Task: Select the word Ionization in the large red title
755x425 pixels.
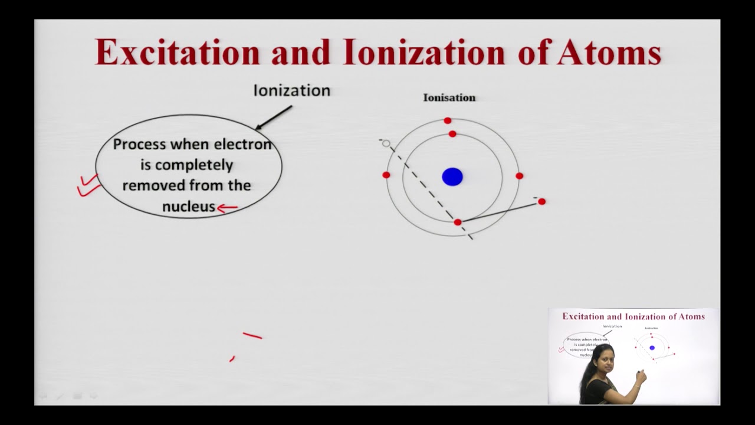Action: pyautogui.click(x=424, y=52)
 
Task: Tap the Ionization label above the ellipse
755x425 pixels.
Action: pyautogui.click(x=291, y=90)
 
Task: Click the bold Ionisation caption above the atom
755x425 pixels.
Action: pyautogui.click(x=449, y=97)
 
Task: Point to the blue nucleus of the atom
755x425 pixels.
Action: pyautogui.click(x=452, y=176)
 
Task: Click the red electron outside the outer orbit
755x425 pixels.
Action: pyautogui.click(x=541, y=202)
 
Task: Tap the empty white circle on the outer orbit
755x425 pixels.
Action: pyautogui.click(x=386, y=143)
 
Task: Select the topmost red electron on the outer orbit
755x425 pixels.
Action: pyautogui.click(x=448, y=120)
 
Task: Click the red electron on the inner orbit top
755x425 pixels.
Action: pyautogui.click(x=452, y=134)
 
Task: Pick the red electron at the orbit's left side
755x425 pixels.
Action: pyautogui.click(x=386, y=175)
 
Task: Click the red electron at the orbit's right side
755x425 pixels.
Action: pyautogui.click(x=519, y=176)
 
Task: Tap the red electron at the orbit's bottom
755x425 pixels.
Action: pyautogui.click(x=458, y=222)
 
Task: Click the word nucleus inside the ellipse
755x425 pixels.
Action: pyautogui.click(x=188, y=207)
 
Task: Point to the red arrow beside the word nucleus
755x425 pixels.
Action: pyautogui.click(x=228, y=207)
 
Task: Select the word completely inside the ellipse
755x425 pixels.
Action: pyautogui.click(x=186, y=165)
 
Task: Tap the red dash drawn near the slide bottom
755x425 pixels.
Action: pyautogui.click(x=252, y=336)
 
